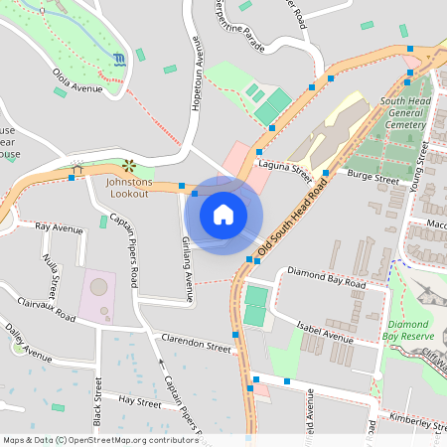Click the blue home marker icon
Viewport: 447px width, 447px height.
click(x=223, y=214)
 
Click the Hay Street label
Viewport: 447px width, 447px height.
click(x=139, y=402)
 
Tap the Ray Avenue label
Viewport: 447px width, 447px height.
click(x=59, y=227)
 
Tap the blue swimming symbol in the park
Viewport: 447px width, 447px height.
click(x=120, y=60)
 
